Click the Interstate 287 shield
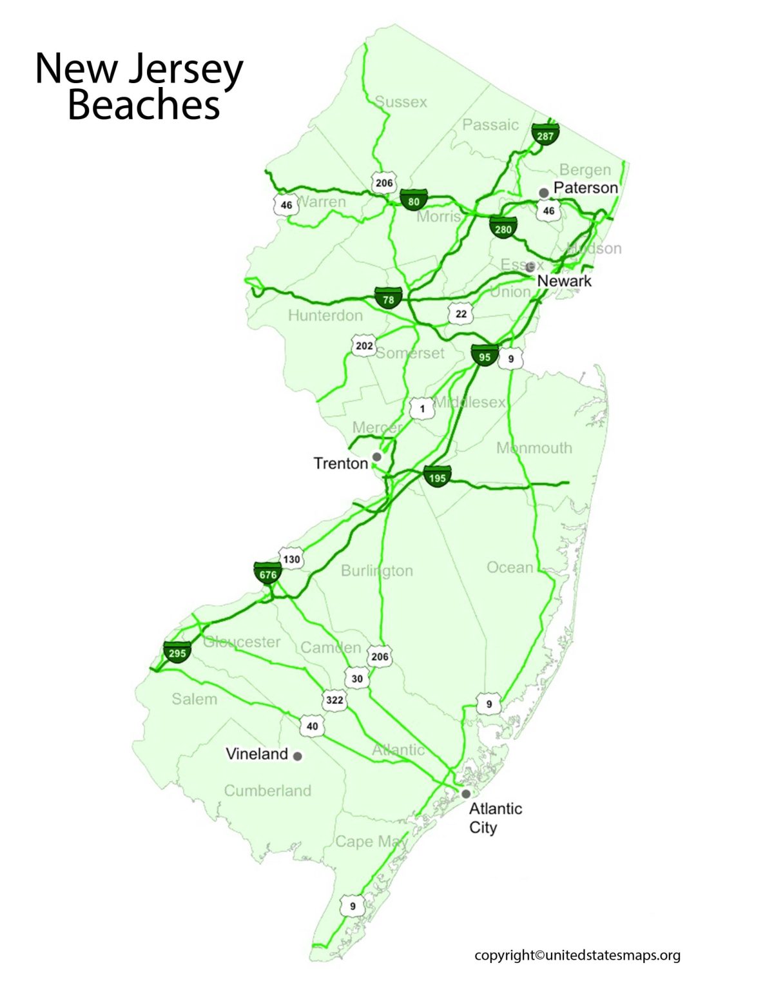[545, 135]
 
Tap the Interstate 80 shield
[413, 200]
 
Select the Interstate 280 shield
[503, 228]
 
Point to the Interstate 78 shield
[388, 299]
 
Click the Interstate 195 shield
[437, 477]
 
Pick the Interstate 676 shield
[267, 574]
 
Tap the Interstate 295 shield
[177, 652]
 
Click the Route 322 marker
[334, 700]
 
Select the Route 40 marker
[312, 726]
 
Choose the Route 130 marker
[291, 559]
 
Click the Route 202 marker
[364, 346]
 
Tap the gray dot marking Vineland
[297, 756]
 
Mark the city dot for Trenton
[377, 456]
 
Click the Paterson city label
[585, 188]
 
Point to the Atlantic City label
[494, 817]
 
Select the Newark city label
[564, 280]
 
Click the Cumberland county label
[267, 790]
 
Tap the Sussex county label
[401, 102]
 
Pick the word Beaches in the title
[144, 105]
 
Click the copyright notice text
[577, 955]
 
